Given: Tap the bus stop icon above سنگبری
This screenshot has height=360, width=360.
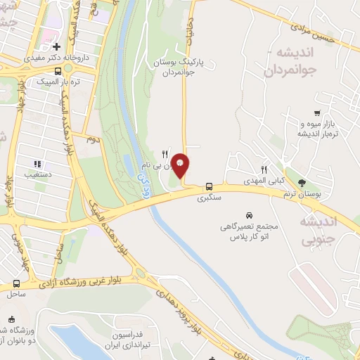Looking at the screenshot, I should point(209,186).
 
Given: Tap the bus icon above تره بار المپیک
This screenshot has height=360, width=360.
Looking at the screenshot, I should point(58,70).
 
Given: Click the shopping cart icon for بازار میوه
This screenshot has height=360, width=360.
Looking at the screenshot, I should point(318,113).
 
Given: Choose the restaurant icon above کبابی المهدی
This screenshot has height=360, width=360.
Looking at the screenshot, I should point(264,169).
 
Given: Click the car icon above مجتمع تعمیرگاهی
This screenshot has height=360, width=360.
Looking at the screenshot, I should point(249,214).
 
